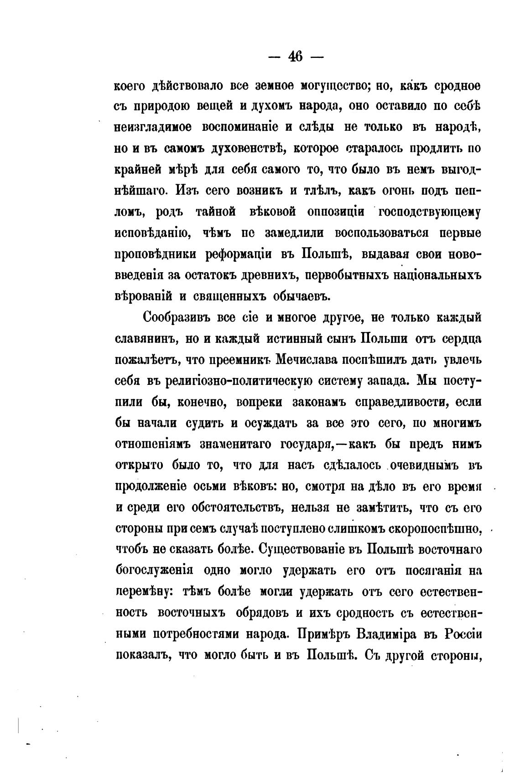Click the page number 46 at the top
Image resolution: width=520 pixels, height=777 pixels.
pos(296,57)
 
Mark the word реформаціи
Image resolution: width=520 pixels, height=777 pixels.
pos(237,254)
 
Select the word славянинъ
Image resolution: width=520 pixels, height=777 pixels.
pos(142,338)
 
